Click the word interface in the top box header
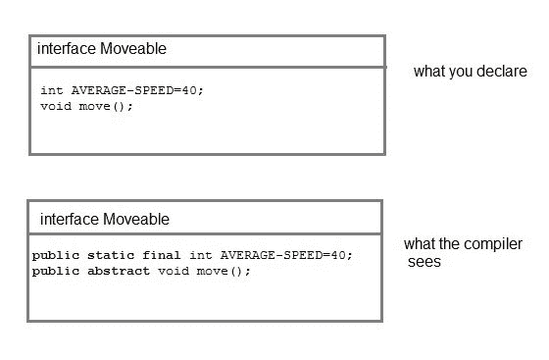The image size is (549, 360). [x=68, y=48]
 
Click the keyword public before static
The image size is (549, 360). [x=53, y=255]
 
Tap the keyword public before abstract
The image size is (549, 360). [x=53, y=271]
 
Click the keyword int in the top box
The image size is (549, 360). [x=52, y=90]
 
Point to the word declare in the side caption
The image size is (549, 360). [x=503, y=72]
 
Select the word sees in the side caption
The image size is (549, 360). [x=424, y=262]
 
